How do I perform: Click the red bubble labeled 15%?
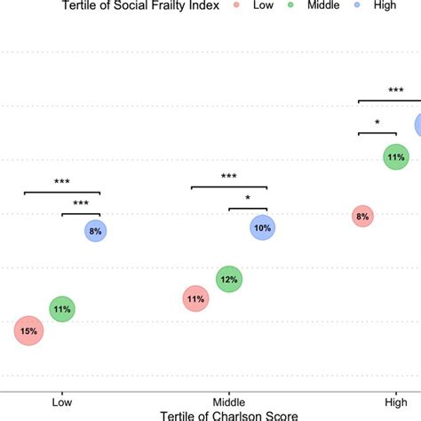[x=28, y=331]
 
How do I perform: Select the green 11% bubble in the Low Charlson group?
[x=61, y=309]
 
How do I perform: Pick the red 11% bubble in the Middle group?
[x=195, y=299]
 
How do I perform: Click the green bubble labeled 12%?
[x=229, y=280]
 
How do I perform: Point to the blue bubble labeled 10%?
[x=263, y=227]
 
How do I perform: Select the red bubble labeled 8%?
[x=362, y=216]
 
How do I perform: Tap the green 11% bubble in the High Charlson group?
[x=395, y=158]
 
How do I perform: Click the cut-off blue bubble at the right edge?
[x=417, y=125]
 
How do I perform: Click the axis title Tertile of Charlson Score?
[x=228, y=415]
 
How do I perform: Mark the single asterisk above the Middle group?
[x=248, y=199]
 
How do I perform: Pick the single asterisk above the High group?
[x=377, y=123]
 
